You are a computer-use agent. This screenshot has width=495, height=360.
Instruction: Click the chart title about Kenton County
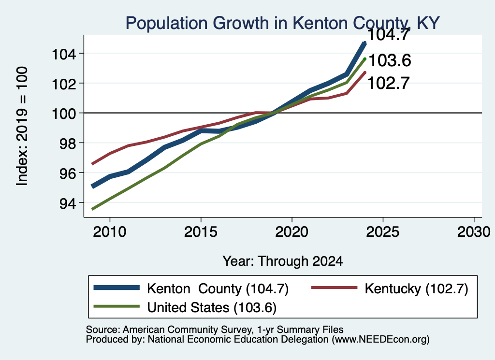click(x=282, y=23)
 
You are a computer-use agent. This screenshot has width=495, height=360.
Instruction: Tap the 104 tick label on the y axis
click(x=64, y=54)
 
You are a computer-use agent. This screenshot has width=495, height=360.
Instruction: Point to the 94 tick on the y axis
click(x=68, y=203)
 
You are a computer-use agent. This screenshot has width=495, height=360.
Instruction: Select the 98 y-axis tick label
click(x=68, y=144)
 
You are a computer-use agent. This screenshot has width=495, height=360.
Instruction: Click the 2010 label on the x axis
click(x=110, y=232)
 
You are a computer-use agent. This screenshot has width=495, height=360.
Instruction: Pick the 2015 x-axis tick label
click(x=201, y=232)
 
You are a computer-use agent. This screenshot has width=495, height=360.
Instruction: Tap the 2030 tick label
click(x=474, y=232)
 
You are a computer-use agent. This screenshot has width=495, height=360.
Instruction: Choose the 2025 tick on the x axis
click(x=383, y=232)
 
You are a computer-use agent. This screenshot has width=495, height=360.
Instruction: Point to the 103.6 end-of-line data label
click(x=390, y=60)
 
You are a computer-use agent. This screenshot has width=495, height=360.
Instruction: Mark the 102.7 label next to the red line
click(x=389, y=83)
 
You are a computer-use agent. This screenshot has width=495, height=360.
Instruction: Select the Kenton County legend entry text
click(x=218, y=288)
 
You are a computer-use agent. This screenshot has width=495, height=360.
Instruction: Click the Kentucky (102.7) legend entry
click(x=416, y=288)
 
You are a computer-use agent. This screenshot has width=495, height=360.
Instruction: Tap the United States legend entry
click(x=212, y=308)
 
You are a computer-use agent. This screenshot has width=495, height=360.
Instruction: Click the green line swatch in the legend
click(x=116, y=306)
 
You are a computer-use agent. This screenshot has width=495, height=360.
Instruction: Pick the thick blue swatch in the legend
click(x=116, y=288)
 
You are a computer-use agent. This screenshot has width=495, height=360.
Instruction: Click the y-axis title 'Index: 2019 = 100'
click(x=22, y=126)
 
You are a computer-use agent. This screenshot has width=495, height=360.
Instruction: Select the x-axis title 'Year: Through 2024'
click(x=282, y=261)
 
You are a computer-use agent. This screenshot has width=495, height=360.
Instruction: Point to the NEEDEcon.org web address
click(x=379, y=340)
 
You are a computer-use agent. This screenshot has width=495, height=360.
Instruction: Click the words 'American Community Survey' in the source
click(x=188, y=330)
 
